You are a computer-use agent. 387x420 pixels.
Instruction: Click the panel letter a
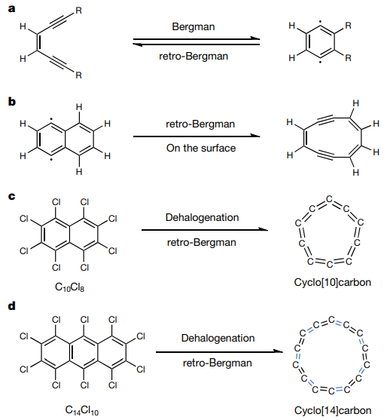12,9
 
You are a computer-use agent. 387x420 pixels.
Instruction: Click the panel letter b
12,102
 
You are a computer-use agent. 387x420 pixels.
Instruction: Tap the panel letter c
12,196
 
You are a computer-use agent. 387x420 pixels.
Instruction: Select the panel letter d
12,305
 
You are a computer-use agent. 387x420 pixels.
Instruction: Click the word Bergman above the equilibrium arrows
193,27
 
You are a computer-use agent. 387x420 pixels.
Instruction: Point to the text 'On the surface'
201,148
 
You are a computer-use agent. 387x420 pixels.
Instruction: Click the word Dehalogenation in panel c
202,217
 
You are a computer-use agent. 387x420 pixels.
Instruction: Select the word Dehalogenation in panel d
218,338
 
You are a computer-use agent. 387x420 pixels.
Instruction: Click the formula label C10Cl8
69,287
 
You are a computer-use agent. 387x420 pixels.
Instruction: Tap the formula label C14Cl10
82,410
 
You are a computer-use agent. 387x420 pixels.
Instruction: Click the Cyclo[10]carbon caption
333,282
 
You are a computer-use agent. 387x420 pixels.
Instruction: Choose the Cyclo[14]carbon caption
333,410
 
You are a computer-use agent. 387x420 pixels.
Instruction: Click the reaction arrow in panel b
197,136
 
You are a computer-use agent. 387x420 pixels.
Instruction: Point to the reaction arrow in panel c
205,229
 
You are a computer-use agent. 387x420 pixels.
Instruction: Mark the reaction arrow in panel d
219,351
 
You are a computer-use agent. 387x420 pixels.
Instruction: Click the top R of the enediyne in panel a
78,11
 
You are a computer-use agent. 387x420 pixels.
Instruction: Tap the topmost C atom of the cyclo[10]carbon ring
329,199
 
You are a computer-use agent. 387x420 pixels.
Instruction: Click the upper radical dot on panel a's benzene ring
320,22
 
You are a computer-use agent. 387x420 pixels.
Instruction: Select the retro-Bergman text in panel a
193,57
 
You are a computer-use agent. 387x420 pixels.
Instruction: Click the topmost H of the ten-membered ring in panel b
355,103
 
